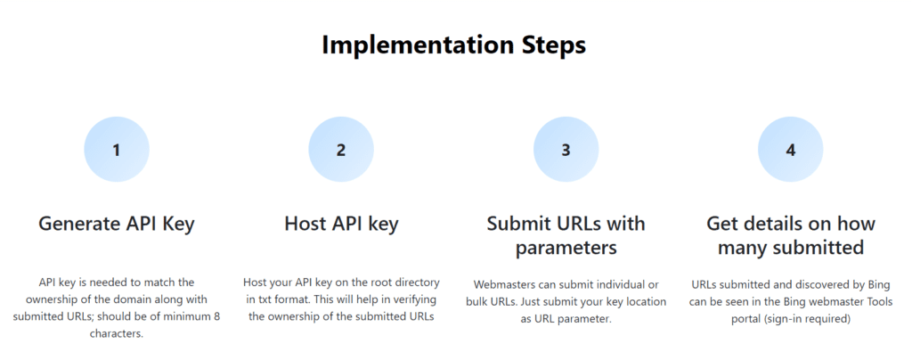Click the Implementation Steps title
[x=453, y=45]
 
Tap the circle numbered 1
[x=117, y=150]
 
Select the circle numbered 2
[x=341, y=150]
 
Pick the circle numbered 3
[x=566, y=150]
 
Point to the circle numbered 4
[x=791, y=150]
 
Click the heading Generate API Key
[x=117, y=224]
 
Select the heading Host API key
[x=341, y=224]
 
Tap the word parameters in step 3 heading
[x=566, y=248]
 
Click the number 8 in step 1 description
[x=217, y=317]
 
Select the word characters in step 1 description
[x=117, y=334]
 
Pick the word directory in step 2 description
[x=415, y=282]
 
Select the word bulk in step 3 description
[x=477, y=302]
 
